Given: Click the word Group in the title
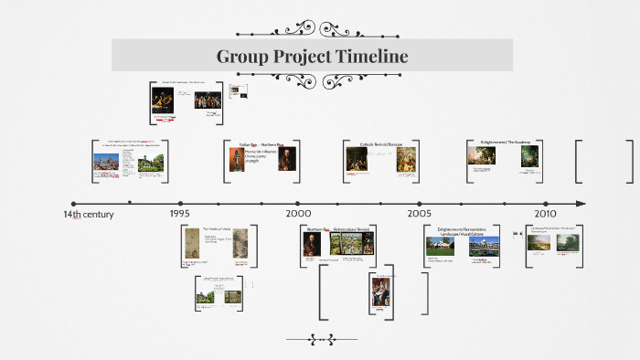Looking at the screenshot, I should (x=240, y=57).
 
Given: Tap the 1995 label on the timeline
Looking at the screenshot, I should (x=180, y=213).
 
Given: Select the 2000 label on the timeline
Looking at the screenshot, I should (x=298, y=213).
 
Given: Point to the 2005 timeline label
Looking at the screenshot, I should (x=420, y=213).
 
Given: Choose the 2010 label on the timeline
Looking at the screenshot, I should (x=546, y=213).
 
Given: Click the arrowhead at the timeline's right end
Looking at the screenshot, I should (x=581, y=203).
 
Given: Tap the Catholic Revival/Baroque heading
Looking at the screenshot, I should (x=381, y=144).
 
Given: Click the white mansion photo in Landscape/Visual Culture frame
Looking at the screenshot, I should (x=485, y=244).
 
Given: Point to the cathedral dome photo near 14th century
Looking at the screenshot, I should (x=106, y=163).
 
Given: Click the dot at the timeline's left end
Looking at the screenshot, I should (x=73, y=204).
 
